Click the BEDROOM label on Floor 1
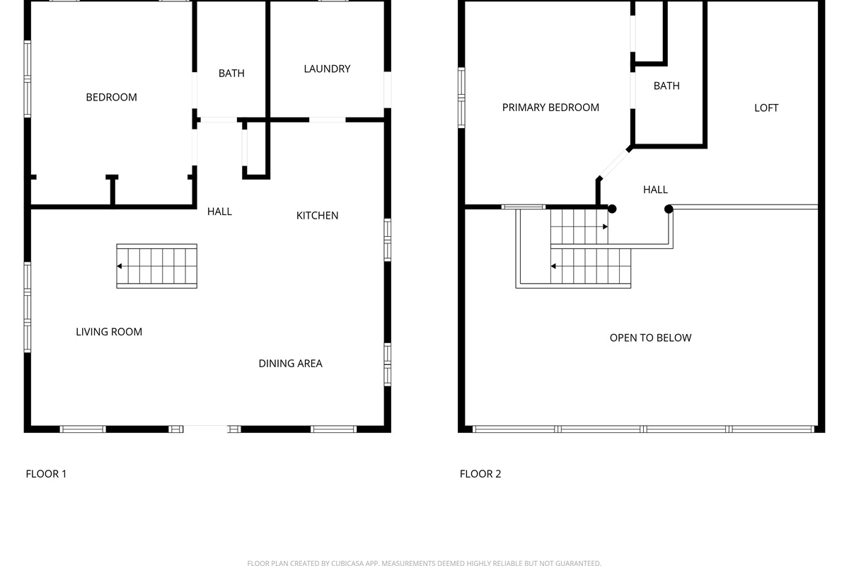[112, 98]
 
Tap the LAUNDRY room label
[327, 69]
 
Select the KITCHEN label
[317, 216]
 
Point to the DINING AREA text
[290, 364]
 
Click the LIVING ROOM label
[109, 332]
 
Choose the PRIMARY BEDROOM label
[550, 108]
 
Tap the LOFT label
[766, 108]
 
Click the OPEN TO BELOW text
[650, 337]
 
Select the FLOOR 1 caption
[46, 474]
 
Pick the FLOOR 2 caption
[480, 474]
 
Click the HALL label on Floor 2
[655, 190]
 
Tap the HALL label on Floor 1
[219, 212]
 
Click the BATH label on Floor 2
[666, 86]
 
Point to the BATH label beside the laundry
[231, 74]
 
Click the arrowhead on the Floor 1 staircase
[119, 266]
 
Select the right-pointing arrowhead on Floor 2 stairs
[606, 226]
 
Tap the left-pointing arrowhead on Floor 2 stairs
[553, 266]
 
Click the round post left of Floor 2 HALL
[612, 209]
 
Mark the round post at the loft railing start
[669, 209]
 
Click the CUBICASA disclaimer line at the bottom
[424, 562]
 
